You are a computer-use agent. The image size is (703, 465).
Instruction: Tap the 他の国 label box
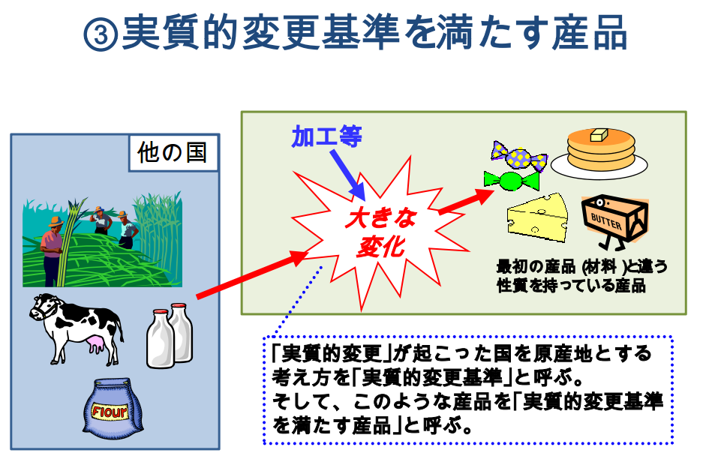pyautogui.click(x=173, y=153)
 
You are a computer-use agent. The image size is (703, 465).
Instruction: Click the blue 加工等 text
pyautogui.click(x=326, y=136)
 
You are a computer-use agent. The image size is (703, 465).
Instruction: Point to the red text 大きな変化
pyautogui.click(x=381, y=232)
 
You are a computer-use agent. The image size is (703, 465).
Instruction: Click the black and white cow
pyautogui.click(x=77, y=328)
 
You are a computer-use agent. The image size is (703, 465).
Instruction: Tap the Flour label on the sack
pyautogui.click(x=110, y=411)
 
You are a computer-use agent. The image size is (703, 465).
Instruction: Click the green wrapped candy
pyautogui.click(x=512, y=180)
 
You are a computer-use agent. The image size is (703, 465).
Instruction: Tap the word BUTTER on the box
pyautogui.click(x=606, y=221)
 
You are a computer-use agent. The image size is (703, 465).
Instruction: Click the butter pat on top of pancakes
pyautogui.click(x=599, y=134)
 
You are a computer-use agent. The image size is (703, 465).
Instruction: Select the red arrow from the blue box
pyautogui.click(x=252, y=274)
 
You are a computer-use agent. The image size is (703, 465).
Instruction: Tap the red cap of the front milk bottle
pyautogui.click(x=161, y=312)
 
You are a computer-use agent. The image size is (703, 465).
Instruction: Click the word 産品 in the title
pyautogui.click(x=589, y=33)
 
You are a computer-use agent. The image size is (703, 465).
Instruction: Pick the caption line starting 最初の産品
pyautogui.click(x=581, y=267)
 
